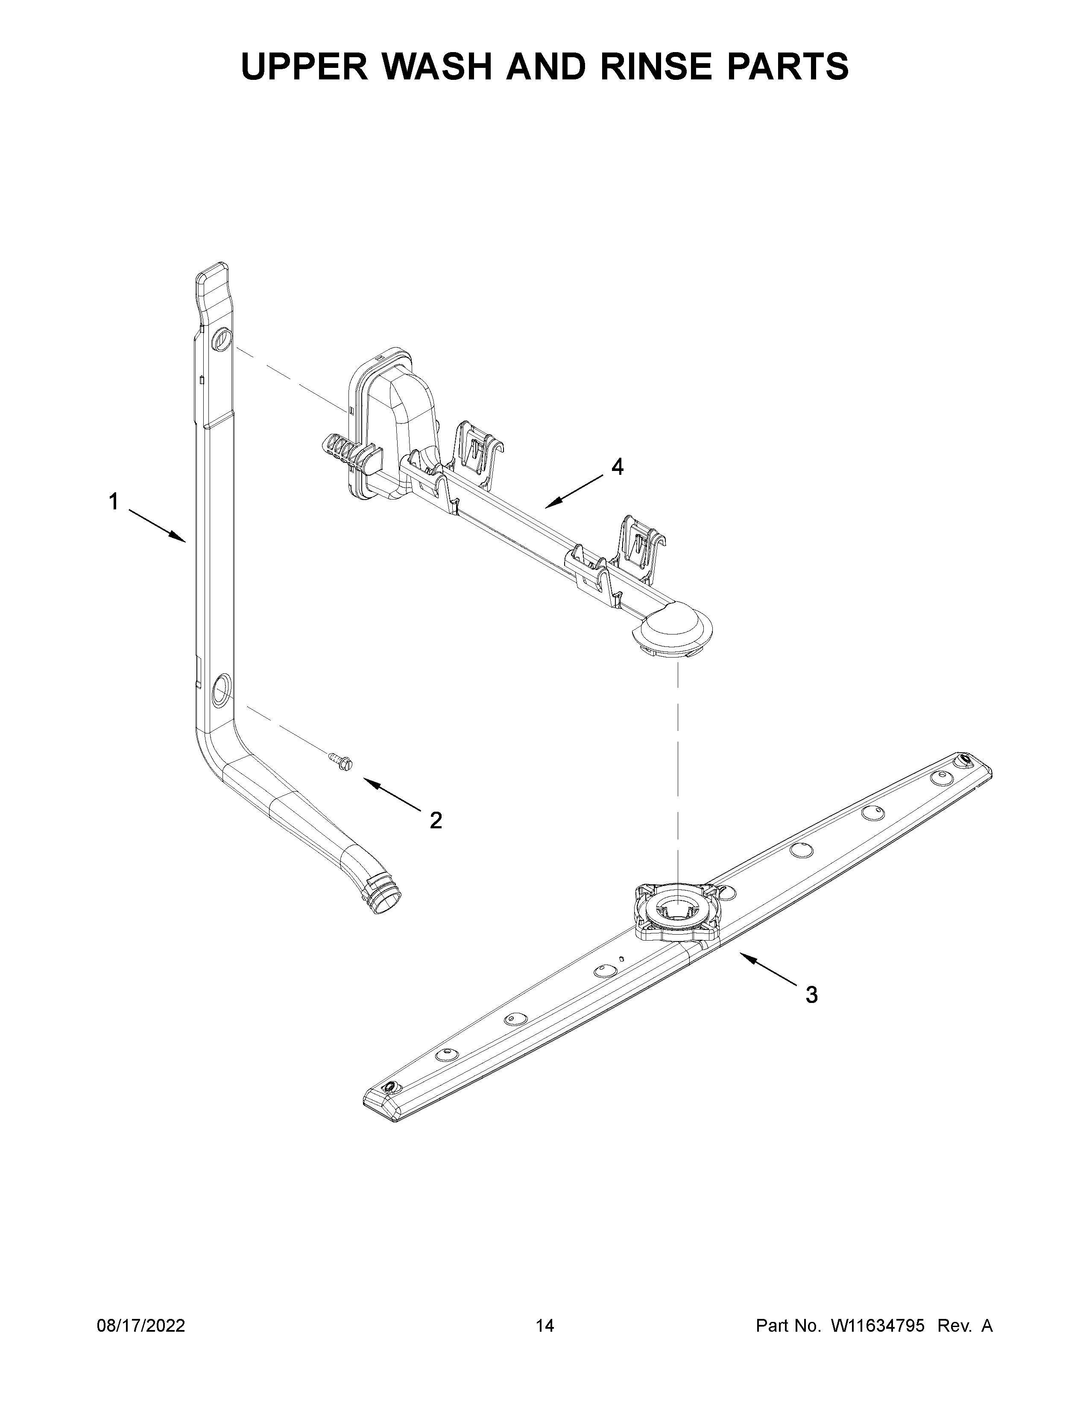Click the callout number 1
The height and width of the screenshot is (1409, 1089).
point(114,501)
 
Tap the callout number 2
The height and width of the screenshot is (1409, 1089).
point(436,821)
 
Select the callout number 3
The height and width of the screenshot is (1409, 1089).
point(811,995)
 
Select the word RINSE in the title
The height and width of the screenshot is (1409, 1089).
point(654,67)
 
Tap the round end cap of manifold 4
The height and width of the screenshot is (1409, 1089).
point(674,629)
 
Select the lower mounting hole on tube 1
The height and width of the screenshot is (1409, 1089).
point(220,684)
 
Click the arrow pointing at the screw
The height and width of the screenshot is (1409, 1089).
point(394,795)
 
